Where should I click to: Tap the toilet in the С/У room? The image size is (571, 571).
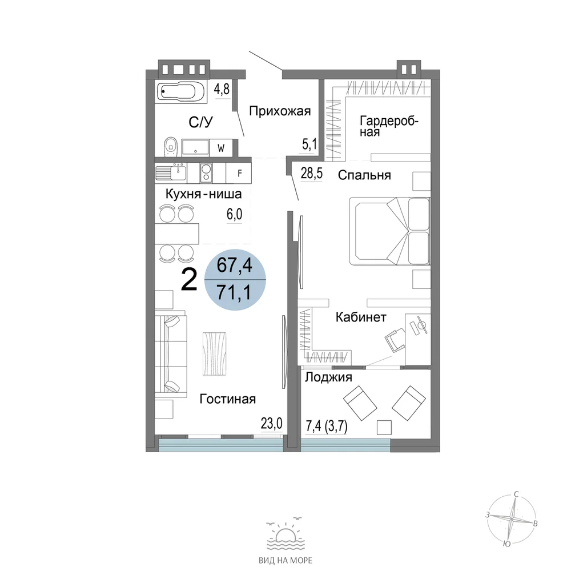coord(170,146)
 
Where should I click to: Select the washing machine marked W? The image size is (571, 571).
coord(221,148)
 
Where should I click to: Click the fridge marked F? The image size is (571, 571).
coord(239,173)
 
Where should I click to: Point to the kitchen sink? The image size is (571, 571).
coord(171,172)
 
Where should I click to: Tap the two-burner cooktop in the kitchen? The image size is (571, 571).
coord(206,172)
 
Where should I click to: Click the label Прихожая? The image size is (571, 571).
coord(280,111)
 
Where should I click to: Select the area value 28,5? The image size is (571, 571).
coord(311,174)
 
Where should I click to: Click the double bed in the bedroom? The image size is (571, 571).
coord(389,231)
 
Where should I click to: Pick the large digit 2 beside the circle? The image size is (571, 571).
coord(189,280)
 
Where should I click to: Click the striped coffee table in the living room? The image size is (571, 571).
coord(214,353)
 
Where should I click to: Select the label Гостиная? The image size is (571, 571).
coord(228,399)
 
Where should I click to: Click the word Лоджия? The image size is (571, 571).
coord(328,377)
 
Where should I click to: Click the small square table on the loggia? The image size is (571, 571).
coord(384,427)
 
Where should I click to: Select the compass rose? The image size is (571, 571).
coord(512,518)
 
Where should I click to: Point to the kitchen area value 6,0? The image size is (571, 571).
coord(234,215)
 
